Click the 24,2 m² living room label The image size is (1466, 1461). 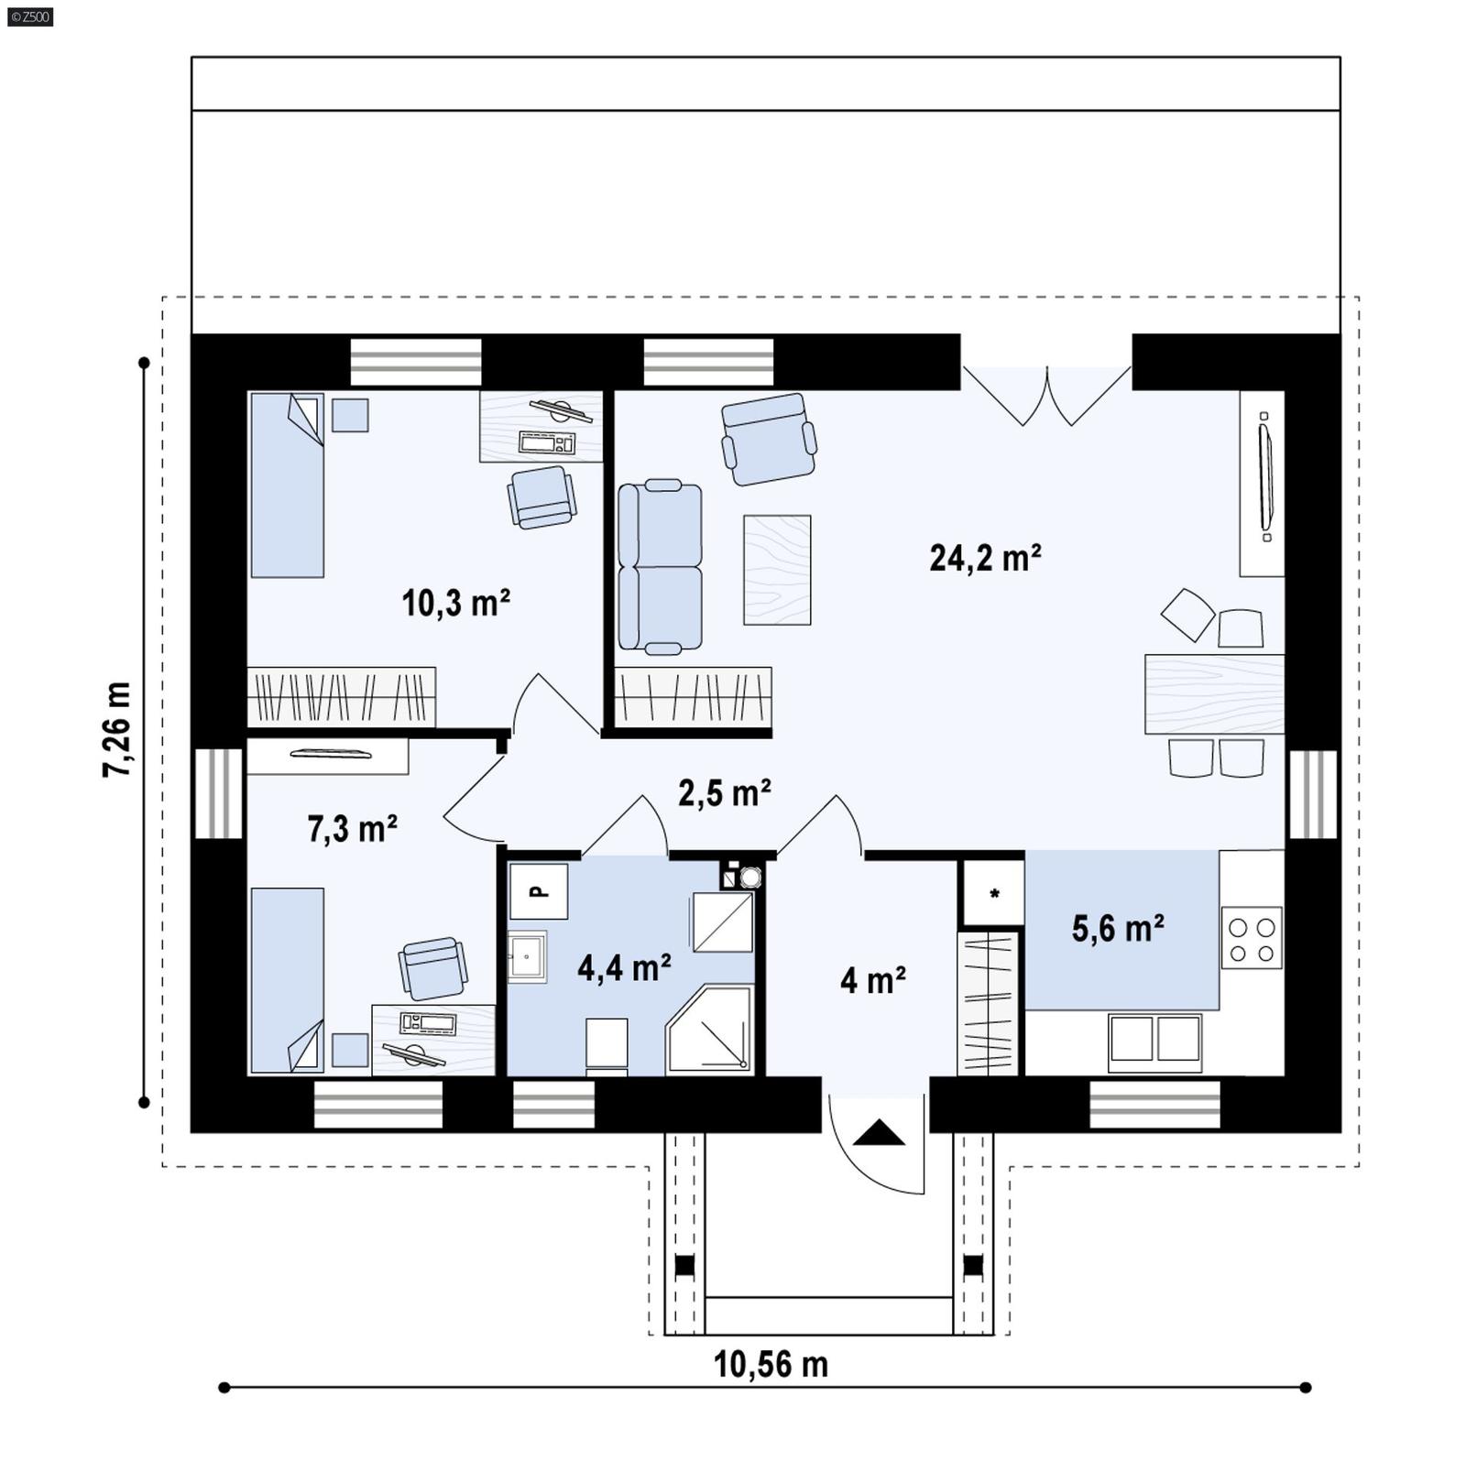pos(984,558)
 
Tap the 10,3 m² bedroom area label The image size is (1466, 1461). pos(455,604)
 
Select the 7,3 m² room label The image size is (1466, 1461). pos(352,829)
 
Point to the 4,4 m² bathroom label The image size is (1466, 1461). pos(624,967)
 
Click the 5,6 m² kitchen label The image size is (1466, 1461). pos(1118,929)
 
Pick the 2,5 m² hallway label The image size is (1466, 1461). pos(724,793)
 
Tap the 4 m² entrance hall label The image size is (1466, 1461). pos(873,981)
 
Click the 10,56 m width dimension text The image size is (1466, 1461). pos(771,1365)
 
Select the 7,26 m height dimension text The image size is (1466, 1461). pos(117,730)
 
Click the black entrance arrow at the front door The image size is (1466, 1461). pos(879,1133)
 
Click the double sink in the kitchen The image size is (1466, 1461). pos(1154,1041)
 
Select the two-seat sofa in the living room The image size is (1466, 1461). pos(660,566)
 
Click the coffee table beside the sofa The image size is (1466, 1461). pos(777,570)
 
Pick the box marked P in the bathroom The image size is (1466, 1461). pos(539,891)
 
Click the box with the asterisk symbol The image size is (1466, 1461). pos(993,893)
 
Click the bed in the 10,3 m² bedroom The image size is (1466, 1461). pos(287,485)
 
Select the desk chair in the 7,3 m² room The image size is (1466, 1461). pos(432,968)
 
